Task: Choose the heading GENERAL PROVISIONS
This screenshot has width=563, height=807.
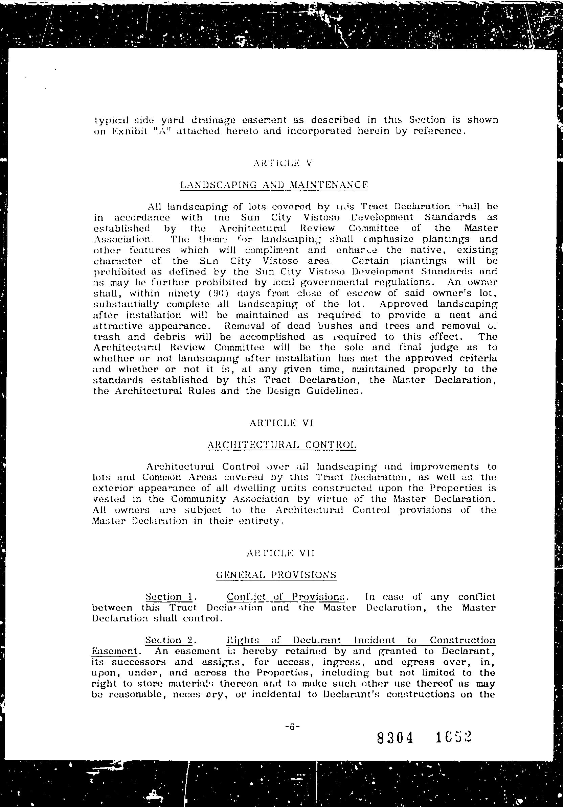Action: [276, 575]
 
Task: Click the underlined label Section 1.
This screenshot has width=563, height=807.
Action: [168, 597]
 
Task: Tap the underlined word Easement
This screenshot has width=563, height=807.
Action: [114, 651]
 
